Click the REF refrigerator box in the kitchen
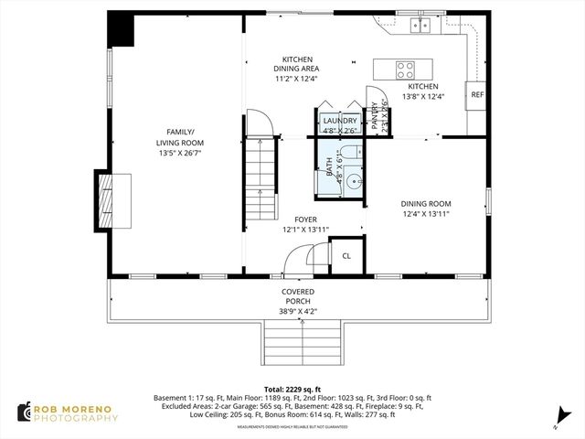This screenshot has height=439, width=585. [476, 95]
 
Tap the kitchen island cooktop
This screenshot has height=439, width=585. [405, 69]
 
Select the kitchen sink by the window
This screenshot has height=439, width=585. [421, 25]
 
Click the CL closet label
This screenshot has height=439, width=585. [346, 255]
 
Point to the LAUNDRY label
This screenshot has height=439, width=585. [339, 121]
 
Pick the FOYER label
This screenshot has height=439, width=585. [305, 219]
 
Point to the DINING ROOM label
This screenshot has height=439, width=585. [426, 204]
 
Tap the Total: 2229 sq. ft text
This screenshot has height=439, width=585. [292, 389]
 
